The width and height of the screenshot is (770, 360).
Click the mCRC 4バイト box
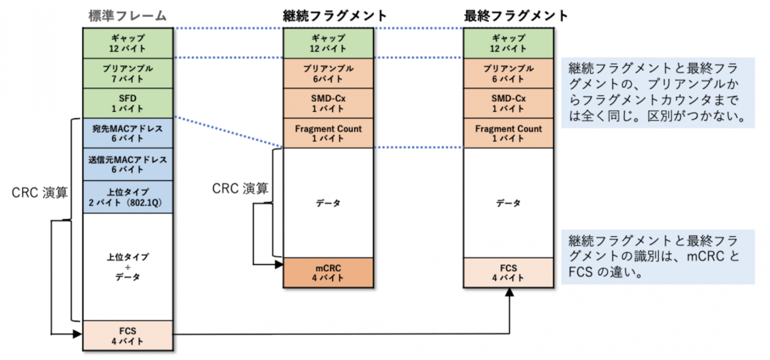click(328, 273)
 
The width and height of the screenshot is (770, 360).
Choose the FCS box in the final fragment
click(508, 273)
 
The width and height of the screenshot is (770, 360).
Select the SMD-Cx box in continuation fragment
click(328, 103)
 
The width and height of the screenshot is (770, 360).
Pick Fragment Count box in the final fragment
click(508, 133)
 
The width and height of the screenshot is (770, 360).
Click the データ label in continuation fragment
click(328, 203)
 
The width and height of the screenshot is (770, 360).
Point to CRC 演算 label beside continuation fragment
click(240, 188)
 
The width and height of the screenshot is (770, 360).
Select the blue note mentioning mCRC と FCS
click(657, 256)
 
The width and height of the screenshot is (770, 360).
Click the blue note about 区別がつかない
click(657, 92)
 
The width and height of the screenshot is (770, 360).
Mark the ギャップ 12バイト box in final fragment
click(508, 43)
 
